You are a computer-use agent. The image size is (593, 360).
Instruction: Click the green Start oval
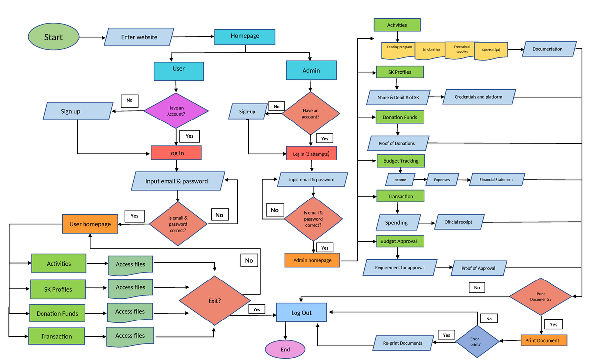pyautogui.click(x=53, y=37)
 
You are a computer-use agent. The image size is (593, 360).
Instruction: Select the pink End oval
pyautogui.click(x=285, y=349)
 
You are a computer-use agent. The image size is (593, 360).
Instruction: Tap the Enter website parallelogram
pyautogui.click(x=139, y=37)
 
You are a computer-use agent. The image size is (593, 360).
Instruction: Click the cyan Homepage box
pyautogui.click(x=245, y=36)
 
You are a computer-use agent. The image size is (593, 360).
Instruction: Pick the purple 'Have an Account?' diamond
pyautogui.click(x=176, y=111)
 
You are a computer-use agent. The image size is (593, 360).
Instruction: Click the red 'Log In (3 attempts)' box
pyautogui.click(x=311, y=154)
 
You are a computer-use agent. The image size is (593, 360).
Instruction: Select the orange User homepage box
pyautogui.click(x=90, y=224)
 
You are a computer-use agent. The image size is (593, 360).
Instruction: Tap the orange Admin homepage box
pyautogui.click(x=312, y=260)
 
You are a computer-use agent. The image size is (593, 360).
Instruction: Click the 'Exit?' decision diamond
pyautogui.click(x=214, y=300)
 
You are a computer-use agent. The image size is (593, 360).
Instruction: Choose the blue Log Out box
pyautogui.click(x=301, y=313)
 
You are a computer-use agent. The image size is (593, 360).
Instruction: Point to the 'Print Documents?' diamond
pyautogui.click(x=541, y=296)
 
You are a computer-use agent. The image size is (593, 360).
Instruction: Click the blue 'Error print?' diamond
pyautogui.click(x=475, y=341)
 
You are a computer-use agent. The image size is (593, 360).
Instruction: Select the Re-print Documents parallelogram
pyautogui.click(x=402, y=343)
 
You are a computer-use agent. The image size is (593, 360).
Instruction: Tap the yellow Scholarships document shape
pyautogui.click(x=431, y=50)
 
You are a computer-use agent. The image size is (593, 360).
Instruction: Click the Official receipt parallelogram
pyautogui.click(x=459, y=222)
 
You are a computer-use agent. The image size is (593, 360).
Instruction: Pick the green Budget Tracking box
pyautogui.click(x=400, y=161)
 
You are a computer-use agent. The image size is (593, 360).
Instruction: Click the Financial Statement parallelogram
pyautogui.click(x=496, y=180)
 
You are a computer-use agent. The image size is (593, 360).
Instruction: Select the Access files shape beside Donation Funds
pyautogui.click(x=130, y=312)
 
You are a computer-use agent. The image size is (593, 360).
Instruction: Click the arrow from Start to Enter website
pyautogui.click(x=91, y=37)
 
